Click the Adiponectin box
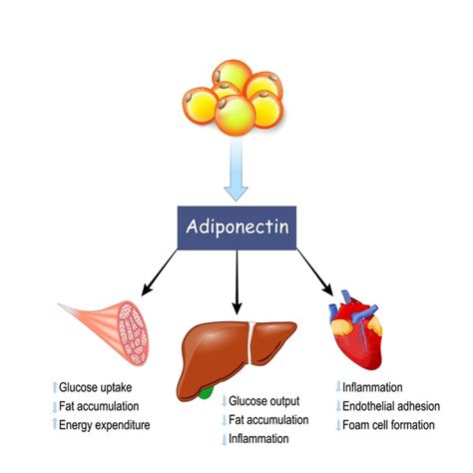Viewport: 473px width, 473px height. (x=236, y=226)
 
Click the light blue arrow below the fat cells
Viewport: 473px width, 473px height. (x=236, y=170)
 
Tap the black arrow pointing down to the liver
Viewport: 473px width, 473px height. (x=236, y=278)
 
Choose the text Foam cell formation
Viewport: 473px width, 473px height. (x=389, y=425)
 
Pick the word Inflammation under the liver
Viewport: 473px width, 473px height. (x=261, y=439)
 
